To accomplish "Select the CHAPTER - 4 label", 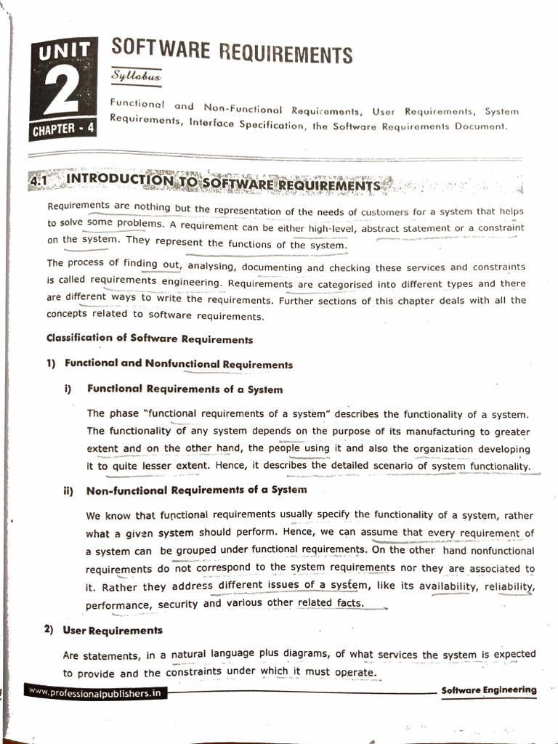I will pyautogui.click(x=63, y=130).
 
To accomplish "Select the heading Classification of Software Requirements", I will pyautogui.click(x=150, y=339).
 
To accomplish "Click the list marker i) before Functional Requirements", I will pyautogui.click(x=68, y=389).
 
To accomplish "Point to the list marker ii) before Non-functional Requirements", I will pyautogui.click(x=68, y=490).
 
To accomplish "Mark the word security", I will pyautogui.click(x=177, y=604).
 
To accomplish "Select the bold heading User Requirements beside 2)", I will pyautogui.click(x=113, y=630).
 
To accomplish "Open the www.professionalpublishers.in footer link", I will pyautogui.click(x=95, y=693).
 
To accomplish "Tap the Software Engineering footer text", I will pyautogui.click(x=488, y=690).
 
